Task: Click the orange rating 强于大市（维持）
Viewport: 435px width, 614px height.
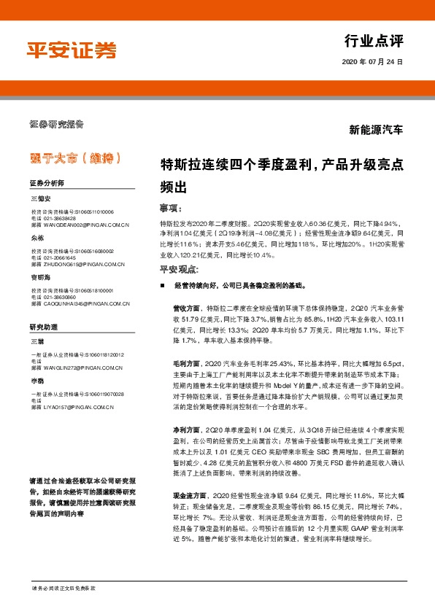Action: (72, 158)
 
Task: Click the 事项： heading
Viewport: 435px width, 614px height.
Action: (170, 206)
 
